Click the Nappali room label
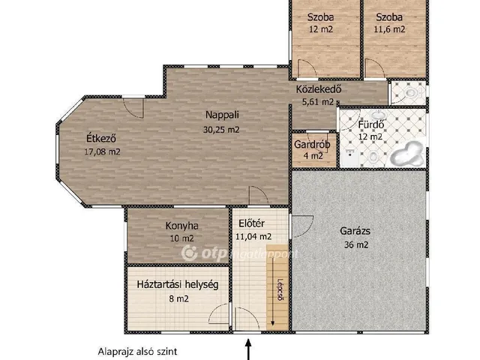tap(222, 115)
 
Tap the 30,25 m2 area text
tap(221, 130)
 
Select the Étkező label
tap(101, 138)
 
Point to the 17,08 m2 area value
tap(102, 151)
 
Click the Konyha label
tap(181, 226)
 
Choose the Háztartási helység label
tap(178, 285)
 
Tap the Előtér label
tap(251, 223)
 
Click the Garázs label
tap(355, 231)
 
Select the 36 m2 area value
tap(356, 245)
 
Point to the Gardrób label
tap(312, 144)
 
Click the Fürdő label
tap(371, 124)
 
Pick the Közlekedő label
tap(318, 89)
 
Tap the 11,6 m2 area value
tap(389, 29)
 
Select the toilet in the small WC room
tap(410, 92)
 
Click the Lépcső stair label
tap(280, 289)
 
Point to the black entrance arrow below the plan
tap(248, 349)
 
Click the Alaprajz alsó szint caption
tap(137, 352)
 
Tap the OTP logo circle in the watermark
tap(190, 253)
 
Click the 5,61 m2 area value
tap(318, 102)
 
